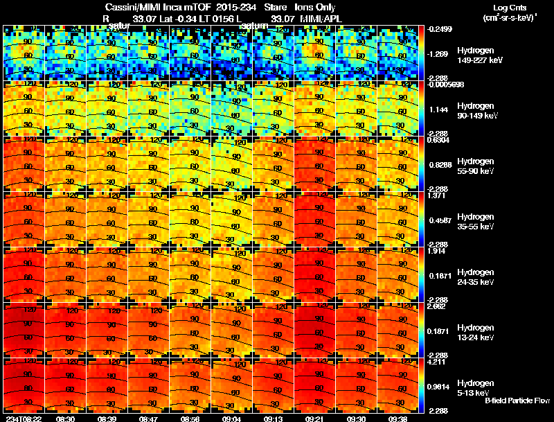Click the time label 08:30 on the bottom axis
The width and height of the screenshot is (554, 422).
(66, 419)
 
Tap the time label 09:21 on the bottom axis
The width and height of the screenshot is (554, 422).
(316, 419)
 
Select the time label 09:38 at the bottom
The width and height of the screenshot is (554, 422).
(399, 419)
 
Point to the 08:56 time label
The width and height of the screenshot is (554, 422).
(191, 419)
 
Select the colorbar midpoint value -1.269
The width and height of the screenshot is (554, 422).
(438, 53)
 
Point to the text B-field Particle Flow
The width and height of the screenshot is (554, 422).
(517, 401)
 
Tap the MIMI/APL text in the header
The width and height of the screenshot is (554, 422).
(323, 19)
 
